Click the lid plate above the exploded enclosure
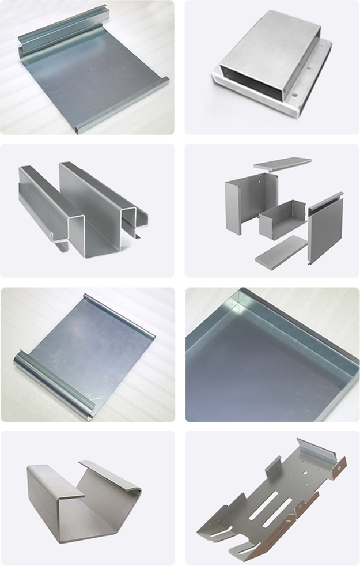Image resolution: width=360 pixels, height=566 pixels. pyautogui.click(x=282, y=163)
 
